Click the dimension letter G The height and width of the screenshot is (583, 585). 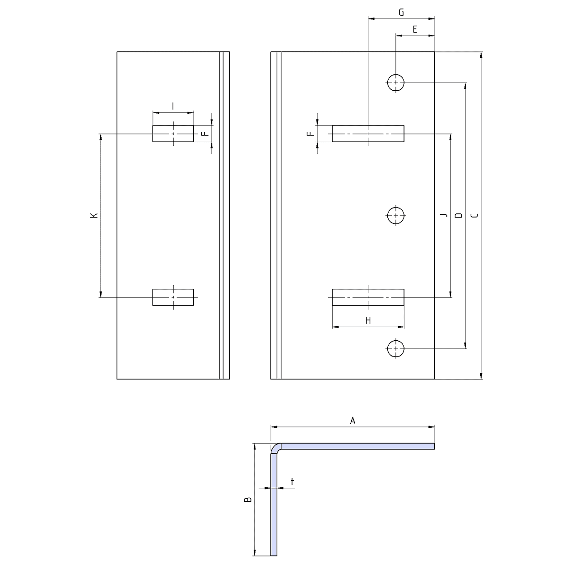tap(401, 13)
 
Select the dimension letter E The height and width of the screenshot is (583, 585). tap(415, 29)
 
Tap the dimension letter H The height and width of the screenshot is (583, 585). tap(368, 320)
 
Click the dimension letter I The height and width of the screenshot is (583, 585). tap(173, 106)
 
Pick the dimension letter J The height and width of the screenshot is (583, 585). tap(444, 215)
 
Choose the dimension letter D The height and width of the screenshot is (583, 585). tap(459, 215)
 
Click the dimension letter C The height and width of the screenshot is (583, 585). tap(475, 215)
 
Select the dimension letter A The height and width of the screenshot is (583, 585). tap(353, 421)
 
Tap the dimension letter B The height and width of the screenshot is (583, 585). tap(248, 499)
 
